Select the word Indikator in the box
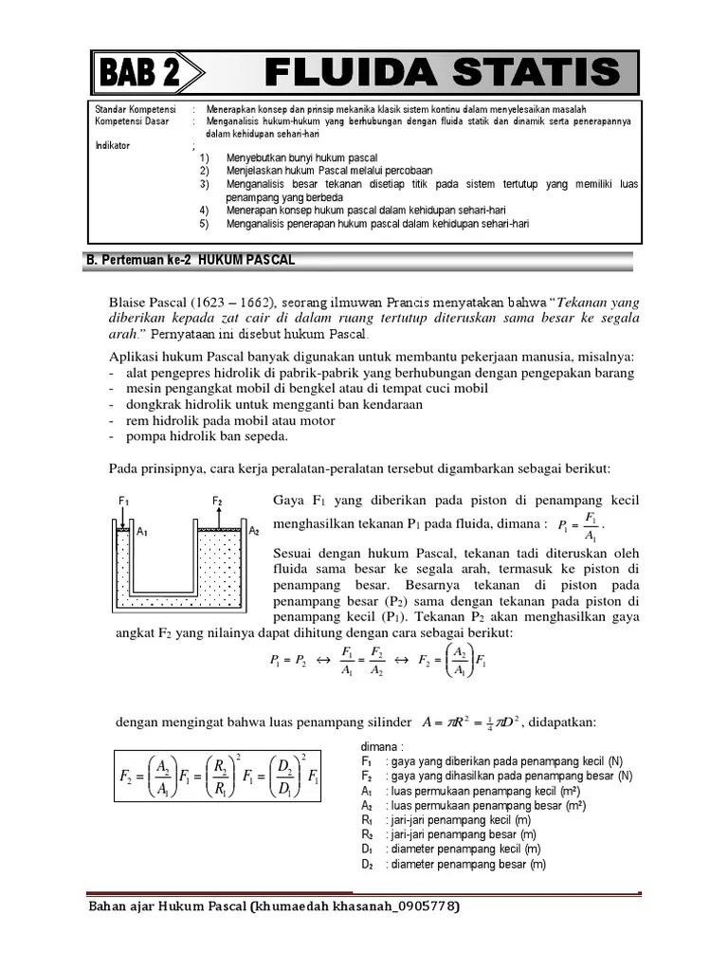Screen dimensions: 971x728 coord(114,146)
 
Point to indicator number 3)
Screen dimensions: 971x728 coord(204,184)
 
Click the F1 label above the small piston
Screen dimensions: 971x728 coord(123,500)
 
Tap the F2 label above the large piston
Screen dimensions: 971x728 coord(218,500)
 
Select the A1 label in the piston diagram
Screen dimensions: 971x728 coord(142,533)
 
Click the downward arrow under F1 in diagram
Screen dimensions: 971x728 coord(123,516)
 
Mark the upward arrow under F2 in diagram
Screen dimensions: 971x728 coord(218,516)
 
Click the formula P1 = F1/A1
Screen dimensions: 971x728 coord(579,526)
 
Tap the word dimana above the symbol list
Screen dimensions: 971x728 coord(382,746)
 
